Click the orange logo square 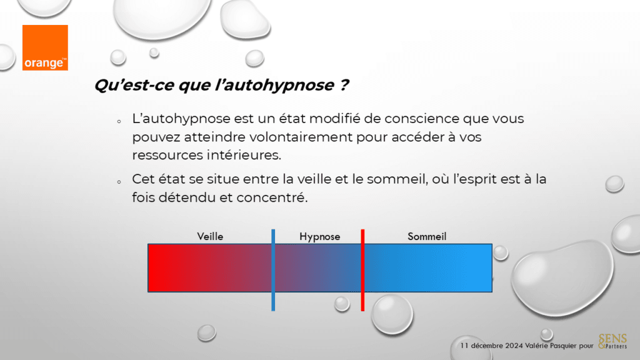pos(45,47)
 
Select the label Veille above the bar pos(210,236)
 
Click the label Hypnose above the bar pos(319,236)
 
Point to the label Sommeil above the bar pos(427,236)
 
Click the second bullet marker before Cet pos(118,181)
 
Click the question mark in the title pos(344,86)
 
